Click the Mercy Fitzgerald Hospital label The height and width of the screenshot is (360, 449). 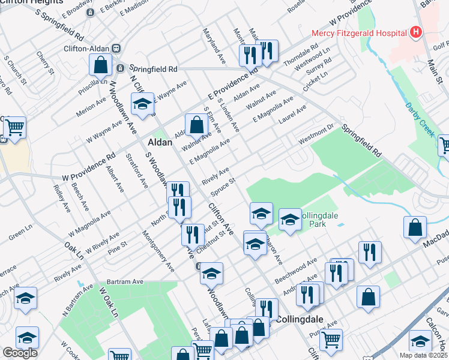(358, 32)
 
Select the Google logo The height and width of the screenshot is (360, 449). (20, 353)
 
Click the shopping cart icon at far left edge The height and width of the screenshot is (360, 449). (14, 127)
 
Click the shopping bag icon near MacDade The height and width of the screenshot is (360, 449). (415, 228)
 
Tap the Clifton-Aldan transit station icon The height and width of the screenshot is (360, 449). (117, 49)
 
